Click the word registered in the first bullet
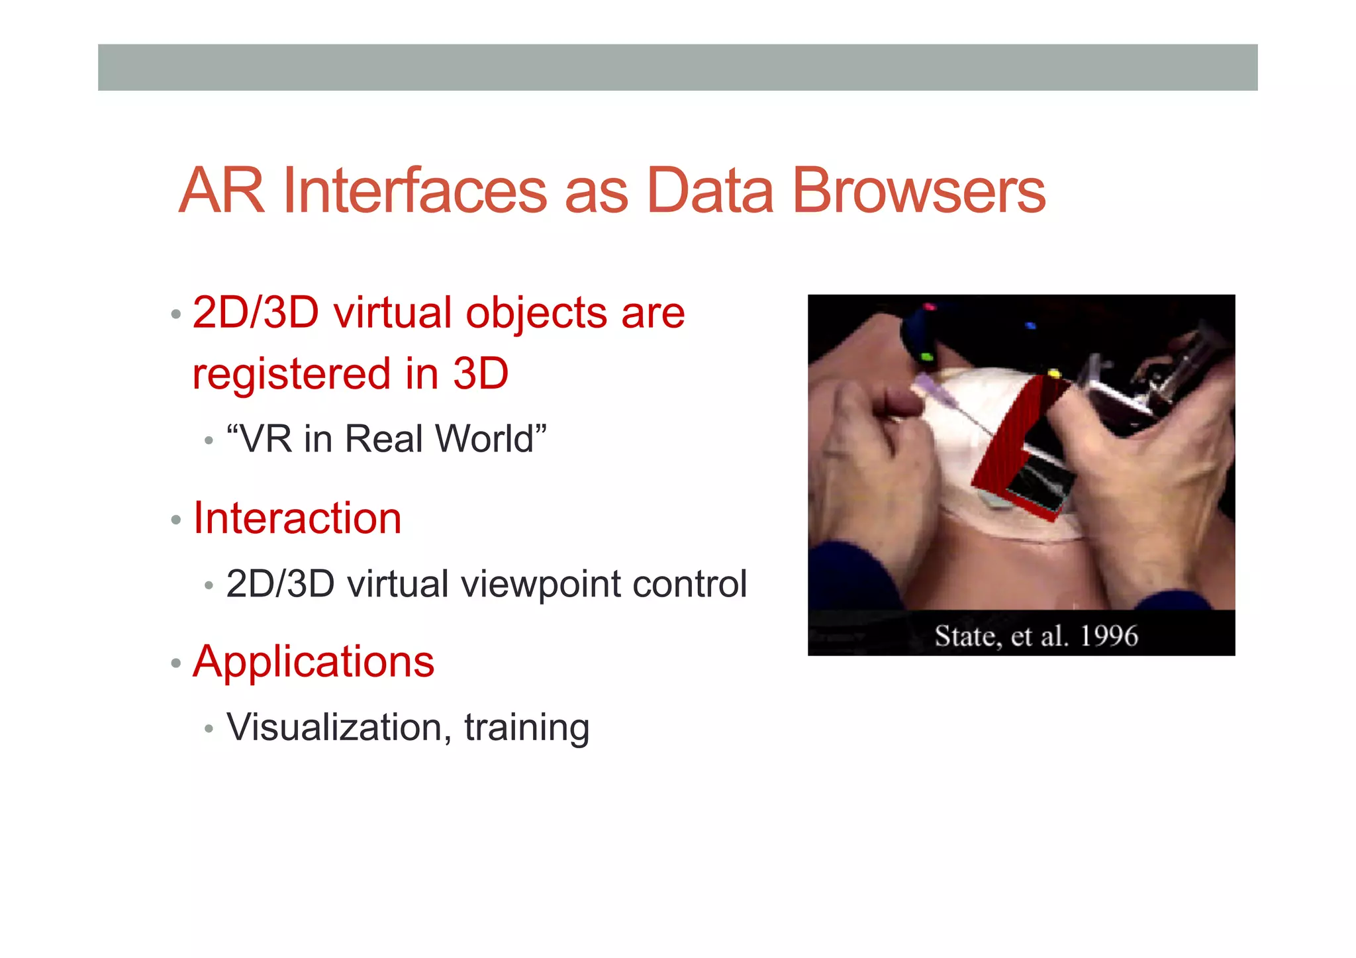[x=291, y=374]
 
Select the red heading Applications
[x=313, y=661]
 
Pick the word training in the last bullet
[x=526, y=728]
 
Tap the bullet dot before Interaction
[x=175, y=520]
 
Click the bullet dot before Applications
[x=175, y=663]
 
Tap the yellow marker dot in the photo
[x=1053, y=375]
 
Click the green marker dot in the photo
[x=927, y=358]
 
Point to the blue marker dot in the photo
[x=1030, y=326]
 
